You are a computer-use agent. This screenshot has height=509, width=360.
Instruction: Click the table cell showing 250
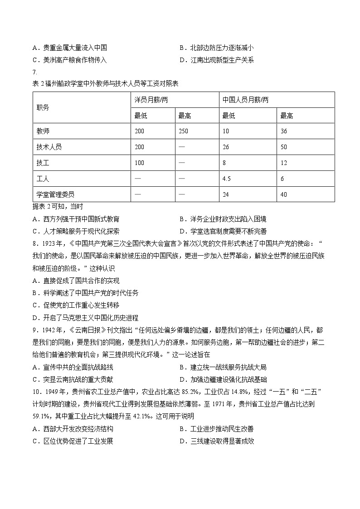click(x=185, y=131)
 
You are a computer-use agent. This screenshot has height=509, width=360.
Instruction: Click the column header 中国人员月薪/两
click(x=245, y=100)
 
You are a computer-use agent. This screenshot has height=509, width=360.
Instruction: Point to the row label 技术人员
click(x=49, y=147)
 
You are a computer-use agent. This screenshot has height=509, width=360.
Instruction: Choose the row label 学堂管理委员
click(x=55, y=194)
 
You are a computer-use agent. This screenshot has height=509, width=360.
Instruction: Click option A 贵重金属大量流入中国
click(x=70, y=48)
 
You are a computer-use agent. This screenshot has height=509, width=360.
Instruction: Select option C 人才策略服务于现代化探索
click(x=76, y=231)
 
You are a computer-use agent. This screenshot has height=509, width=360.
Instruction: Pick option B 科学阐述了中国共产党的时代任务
click(x=86, y=293)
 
